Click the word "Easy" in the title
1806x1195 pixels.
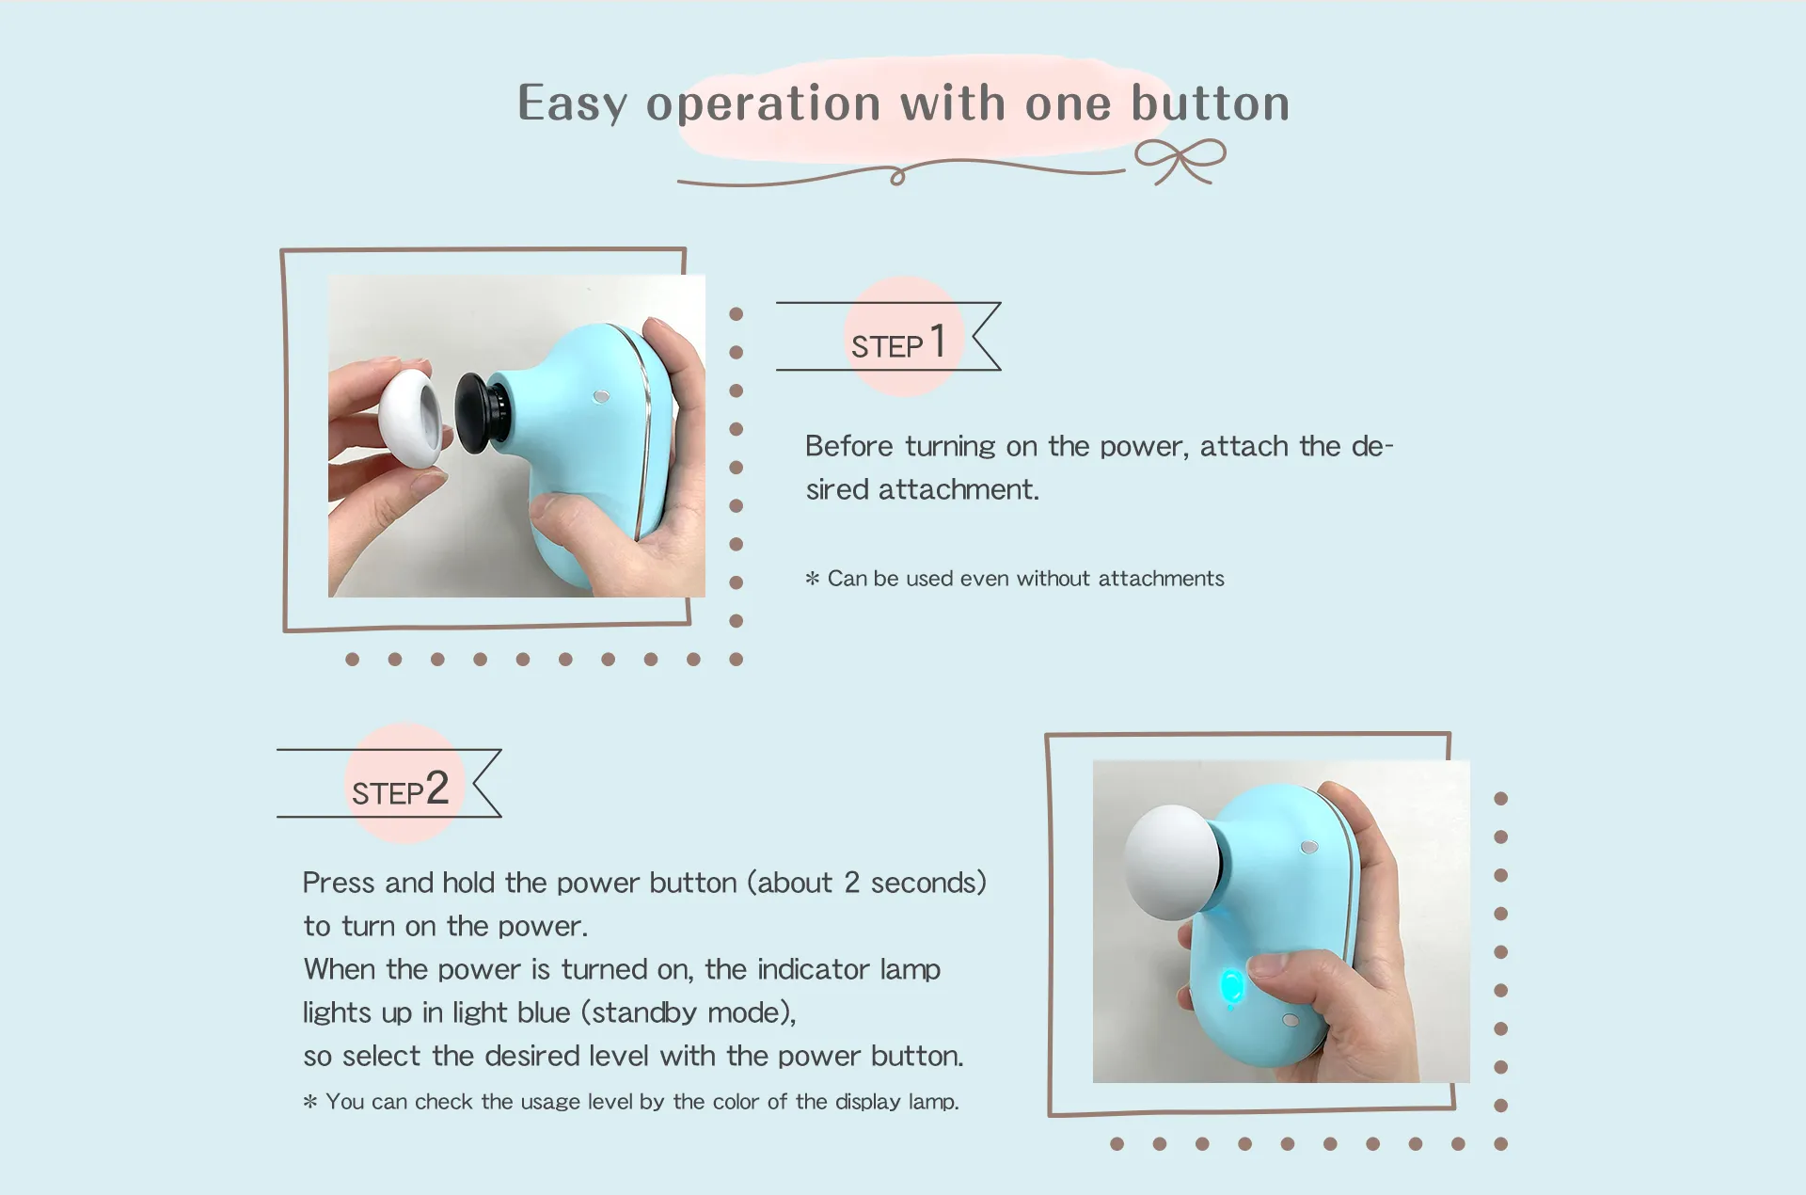[x=573, y=104]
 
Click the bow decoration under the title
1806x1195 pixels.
[x=1180, y=161]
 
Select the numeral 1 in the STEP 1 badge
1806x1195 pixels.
[x=937, y=341]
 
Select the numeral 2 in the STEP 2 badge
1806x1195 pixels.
[x=437, y=788]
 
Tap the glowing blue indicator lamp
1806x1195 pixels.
[x=1231, y=988]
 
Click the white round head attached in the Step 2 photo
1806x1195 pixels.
[x=1172, y=862]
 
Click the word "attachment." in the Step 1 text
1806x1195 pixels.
[x=958, y=489]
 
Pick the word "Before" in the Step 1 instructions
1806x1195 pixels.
[x=848, y=446]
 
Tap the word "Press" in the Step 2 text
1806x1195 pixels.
[x=339, y=883]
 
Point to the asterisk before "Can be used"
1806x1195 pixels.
[x=813, y=579]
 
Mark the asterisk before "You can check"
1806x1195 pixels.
[x=310, y=1102]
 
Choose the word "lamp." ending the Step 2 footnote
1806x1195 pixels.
[x=934, y=1102]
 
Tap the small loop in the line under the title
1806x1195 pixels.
[x=897, y=176]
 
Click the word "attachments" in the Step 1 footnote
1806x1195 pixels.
[x=1161, y=579]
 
